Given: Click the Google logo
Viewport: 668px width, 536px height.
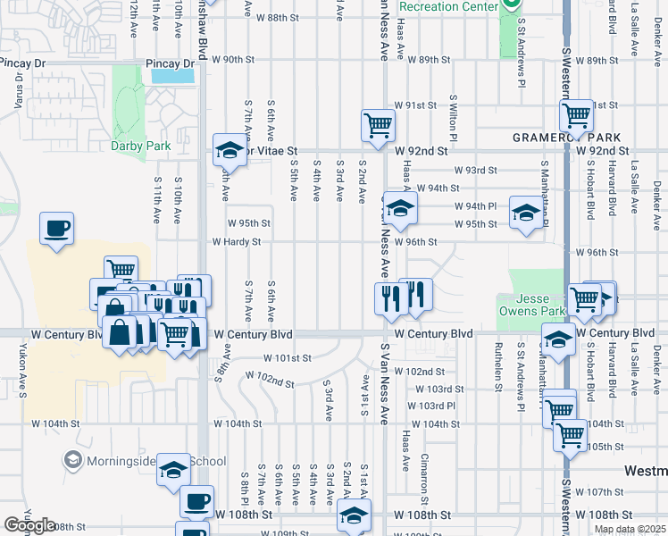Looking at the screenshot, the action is click(29, 525).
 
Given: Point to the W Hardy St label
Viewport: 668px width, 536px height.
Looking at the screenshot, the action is click(236, 241).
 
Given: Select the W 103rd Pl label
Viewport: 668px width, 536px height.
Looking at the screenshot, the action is click(431, 406).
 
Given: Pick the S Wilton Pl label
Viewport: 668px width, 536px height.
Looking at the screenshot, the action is click(454, 119).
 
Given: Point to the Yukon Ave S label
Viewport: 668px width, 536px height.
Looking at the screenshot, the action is click(20, 370).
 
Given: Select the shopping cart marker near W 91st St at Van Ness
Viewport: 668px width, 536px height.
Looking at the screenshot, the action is click(378, 124).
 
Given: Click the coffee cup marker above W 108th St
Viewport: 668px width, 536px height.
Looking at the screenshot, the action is click(196, 500).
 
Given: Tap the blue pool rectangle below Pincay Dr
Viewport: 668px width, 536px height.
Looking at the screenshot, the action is click(173, 75).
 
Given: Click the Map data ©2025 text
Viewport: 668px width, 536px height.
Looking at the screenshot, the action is click(630, 529).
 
